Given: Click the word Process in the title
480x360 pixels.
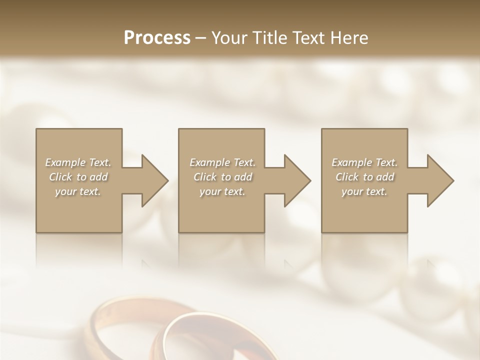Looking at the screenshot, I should pyautogui.click(x=157, y=37).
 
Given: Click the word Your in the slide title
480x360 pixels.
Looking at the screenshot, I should pyautogui.click(x=230, y=37).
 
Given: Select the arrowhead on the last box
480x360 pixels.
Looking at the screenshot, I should pyautogui.click(x=437, y=180).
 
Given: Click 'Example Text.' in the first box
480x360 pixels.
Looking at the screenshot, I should pyautogui.click(x=78, y=162).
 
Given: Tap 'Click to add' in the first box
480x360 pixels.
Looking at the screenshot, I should pyautogui.click(x=78, y=177).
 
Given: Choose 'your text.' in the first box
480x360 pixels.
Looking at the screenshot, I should pyautogui.click(x=78, y=191).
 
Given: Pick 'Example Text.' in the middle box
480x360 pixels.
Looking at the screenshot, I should pyautogui.click(x=222, y=162).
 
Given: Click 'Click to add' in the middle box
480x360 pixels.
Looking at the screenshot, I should pyautogui.click(x=222, y=177).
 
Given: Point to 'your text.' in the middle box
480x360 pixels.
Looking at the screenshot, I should pyautogui.click(x=222, y=191).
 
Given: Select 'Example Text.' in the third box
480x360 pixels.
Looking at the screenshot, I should pyautogui.click(x=364, y=162).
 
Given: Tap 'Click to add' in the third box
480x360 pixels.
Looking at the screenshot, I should pyautogui.click(x=364, y=177).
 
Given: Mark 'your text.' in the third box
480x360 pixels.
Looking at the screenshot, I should pyautogui.click(x=364, y=191).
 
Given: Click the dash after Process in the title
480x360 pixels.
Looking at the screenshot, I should pyautogui.click(x=201, y=38).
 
